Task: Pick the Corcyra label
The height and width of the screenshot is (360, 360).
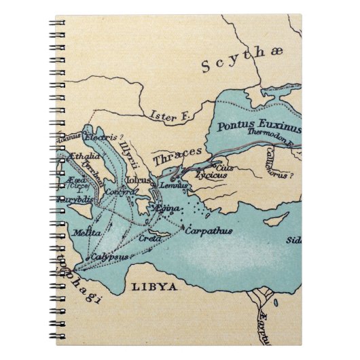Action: (x=118, y=192)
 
